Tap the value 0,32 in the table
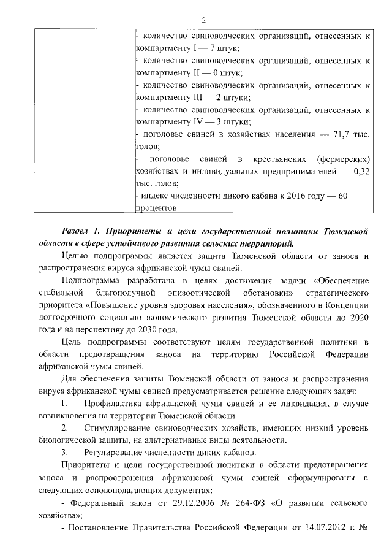click(x=361, y=171)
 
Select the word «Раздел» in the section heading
click(x=78, y=231)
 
